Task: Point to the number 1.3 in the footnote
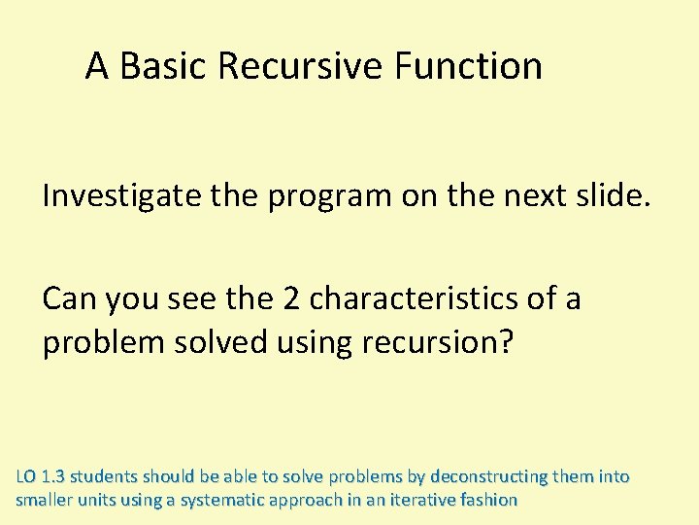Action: coord(53,477)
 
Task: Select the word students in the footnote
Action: coord(104,477)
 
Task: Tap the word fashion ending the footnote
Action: coord(488,501)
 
